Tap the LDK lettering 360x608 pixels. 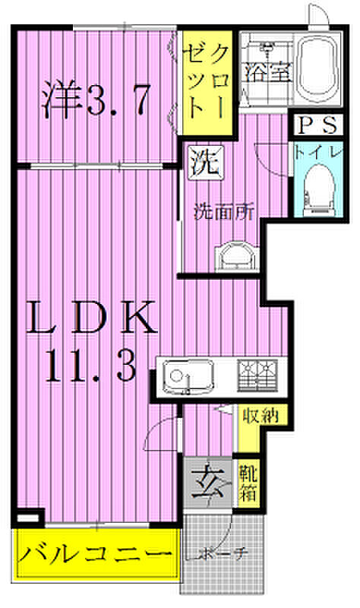pos(92,318)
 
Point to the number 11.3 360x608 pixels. pos(91,366)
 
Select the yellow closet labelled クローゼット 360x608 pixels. pos(207,83)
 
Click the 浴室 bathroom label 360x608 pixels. pos(267,71)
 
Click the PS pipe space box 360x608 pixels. pos(317,125)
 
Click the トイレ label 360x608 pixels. pos(318,153)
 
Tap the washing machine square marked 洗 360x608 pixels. pos(206,163)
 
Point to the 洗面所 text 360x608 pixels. pos(223,213)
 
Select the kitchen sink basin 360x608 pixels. pos(187,376)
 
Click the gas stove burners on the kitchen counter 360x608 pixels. pos(257,375)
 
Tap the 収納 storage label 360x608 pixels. pos(261,416)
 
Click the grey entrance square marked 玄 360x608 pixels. pos(208,483)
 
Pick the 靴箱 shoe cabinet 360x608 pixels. pos(248,483)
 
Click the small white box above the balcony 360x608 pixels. pos(28,518)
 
